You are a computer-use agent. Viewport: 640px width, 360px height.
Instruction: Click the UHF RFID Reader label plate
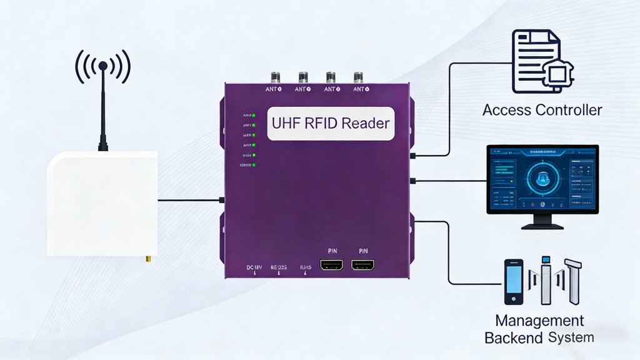point(331,123)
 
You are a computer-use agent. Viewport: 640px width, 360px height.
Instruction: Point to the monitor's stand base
point(542,226)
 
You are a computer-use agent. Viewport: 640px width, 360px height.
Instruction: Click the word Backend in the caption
point(514,338)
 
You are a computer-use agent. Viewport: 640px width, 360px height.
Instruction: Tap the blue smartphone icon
point(514,282)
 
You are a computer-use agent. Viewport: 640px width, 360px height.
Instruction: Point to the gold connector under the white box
point(148,258)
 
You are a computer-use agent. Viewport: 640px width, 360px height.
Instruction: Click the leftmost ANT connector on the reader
point(274,78)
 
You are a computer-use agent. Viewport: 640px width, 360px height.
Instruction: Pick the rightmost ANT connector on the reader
point(358,78)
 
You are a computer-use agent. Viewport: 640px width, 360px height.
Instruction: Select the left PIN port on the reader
point(331,264)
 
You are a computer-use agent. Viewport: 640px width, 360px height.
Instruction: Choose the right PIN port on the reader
point(362,264)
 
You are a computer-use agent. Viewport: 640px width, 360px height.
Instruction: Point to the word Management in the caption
point(539,321)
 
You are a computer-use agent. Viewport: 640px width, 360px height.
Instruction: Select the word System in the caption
point(571,338)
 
